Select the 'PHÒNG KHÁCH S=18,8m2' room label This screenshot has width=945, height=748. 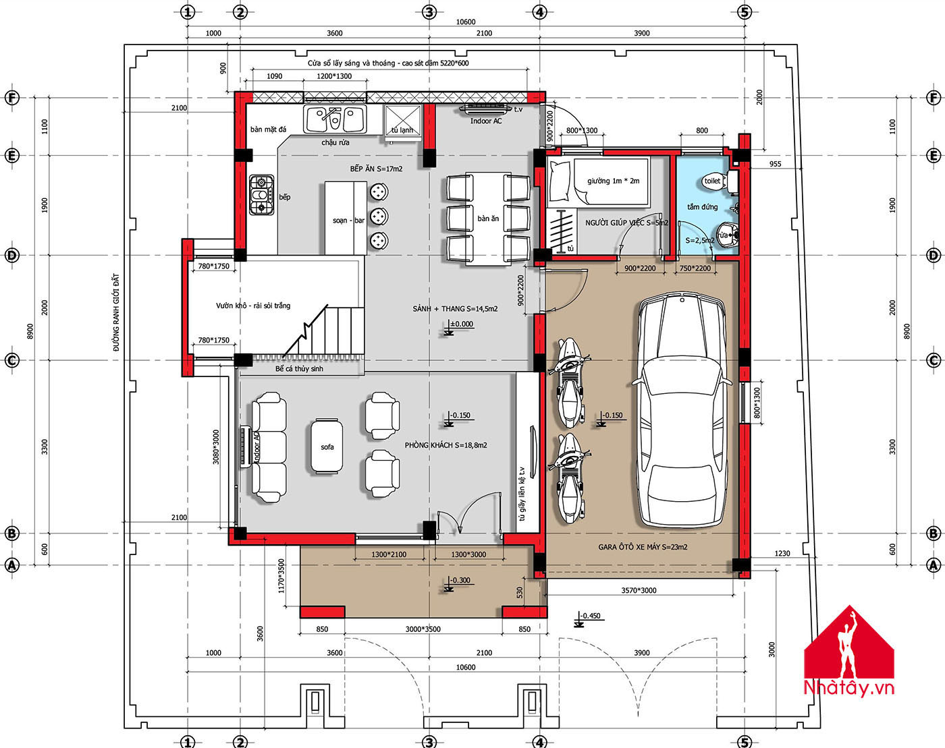click(x=446, y=445)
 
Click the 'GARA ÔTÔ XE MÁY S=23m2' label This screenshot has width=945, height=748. click(x=643, y=547)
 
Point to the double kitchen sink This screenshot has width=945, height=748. click(x=335, y=119)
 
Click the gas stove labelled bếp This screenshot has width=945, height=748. click(x=262, y=195)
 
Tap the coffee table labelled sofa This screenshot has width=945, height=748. click(x=327, y=447)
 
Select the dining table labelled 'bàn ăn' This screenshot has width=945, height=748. click(x=488, y=219)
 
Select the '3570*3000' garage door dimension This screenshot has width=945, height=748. click(x=639, y=590)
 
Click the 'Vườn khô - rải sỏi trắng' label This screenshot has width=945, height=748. click(x=253, y=306)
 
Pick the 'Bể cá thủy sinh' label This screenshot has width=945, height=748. click(x=299, y=369)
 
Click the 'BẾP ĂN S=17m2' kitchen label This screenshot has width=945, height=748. click(x=376, y=169)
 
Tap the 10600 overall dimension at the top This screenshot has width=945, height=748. click(x=466, y=22)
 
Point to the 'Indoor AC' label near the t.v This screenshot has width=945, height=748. click(x=486, y=121)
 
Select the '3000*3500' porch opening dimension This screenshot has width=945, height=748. click(x=423, y=629)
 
